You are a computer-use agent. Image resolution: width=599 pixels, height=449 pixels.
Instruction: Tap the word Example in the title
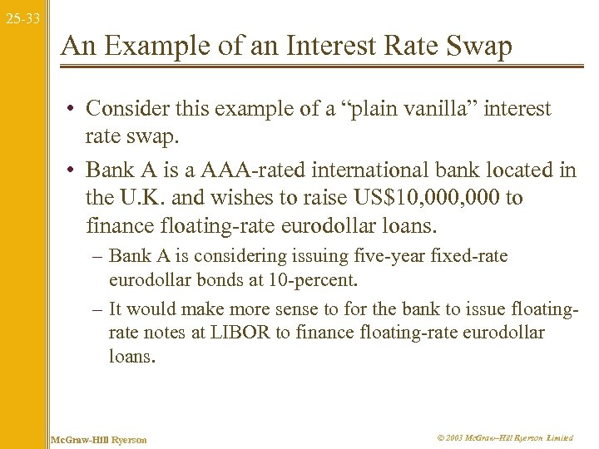(x=182, y=47)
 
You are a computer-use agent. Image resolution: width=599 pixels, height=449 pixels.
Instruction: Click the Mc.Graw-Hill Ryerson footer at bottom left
(x=99, y=439)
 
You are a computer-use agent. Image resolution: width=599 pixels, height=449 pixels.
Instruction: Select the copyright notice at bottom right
(x=505, y=438)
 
